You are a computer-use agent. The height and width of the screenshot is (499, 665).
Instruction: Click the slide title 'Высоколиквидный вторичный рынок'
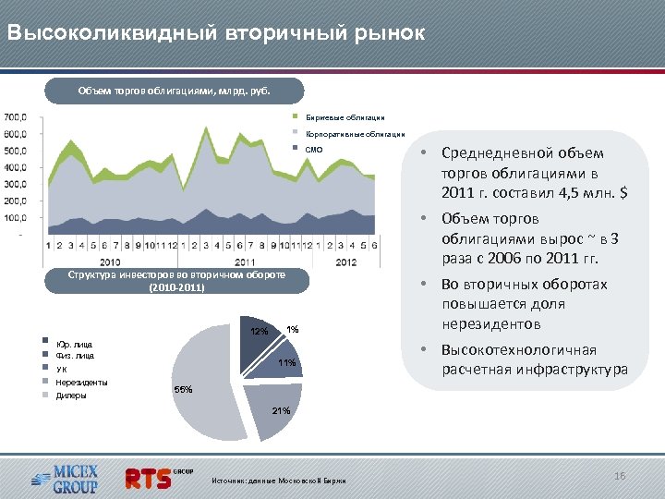(x=215, y=33)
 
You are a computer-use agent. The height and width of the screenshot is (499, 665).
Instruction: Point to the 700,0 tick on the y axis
(x=16, y=117)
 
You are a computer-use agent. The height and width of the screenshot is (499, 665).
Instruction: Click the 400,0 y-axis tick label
(x=16, y=167)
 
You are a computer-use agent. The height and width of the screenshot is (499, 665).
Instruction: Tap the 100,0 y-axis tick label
(x=16, y=218)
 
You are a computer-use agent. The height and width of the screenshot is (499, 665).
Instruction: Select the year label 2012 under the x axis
(x=345, y=262)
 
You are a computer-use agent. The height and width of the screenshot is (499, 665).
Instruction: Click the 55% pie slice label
(x=183, y=390)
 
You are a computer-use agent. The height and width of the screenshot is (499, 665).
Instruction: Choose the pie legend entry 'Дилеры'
(x=71, y=395)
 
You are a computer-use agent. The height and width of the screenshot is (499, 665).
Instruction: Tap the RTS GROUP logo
(x=157, y=477)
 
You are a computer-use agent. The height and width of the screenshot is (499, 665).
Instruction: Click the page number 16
(x=620, y=475)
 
